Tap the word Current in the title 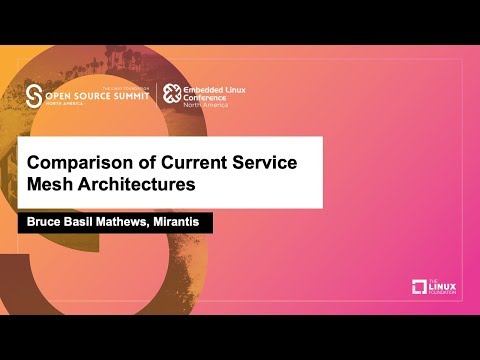tap(187, 162)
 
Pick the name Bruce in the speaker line tap(43, 223)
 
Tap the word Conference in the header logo tap(210, 98)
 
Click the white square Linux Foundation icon tap(420, 287)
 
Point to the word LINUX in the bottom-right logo tap(443, 287)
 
